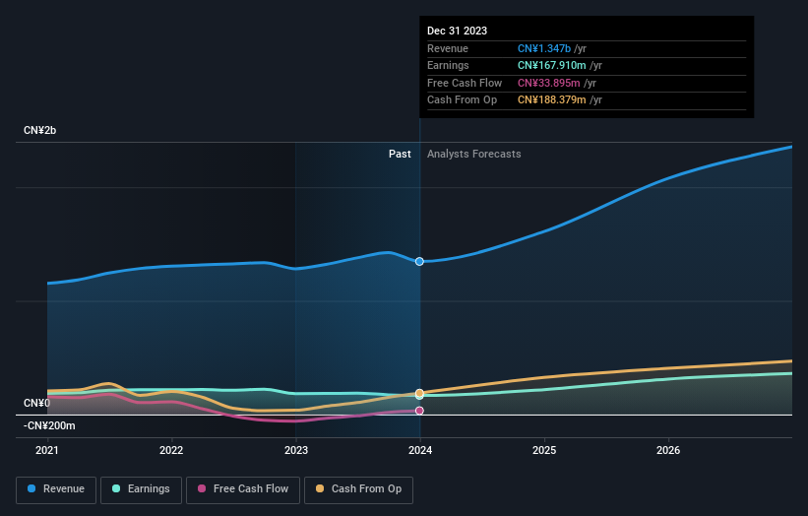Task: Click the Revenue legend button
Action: [x=56, y=488]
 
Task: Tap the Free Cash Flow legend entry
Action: [x=243, y=488]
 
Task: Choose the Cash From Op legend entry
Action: [x=359, y=488]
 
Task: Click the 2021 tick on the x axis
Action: [x=47, y=450]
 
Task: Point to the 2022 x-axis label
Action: [x=171, y=450]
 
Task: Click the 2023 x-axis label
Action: [x=295, y=450]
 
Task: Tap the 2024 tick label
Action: [x=420, y=450]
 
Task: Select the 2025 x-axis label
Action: [x=544, y=450]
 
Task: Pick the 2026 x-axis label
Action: [x=668, y=450]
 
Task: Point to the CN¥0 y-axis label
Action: [x=36, y=403]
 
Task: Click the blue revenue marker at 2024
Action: [x=419, y=261]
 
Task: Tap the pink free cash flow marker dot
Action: [x=419, y=411]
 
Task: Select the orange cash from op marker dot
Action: [x=419, y=393]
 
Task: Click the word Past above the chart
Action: [x=400, y=154]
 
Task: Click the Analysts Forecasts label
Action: [x=473, y=154]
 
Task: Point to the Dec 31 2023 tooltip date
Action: [x=457, y=32]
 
